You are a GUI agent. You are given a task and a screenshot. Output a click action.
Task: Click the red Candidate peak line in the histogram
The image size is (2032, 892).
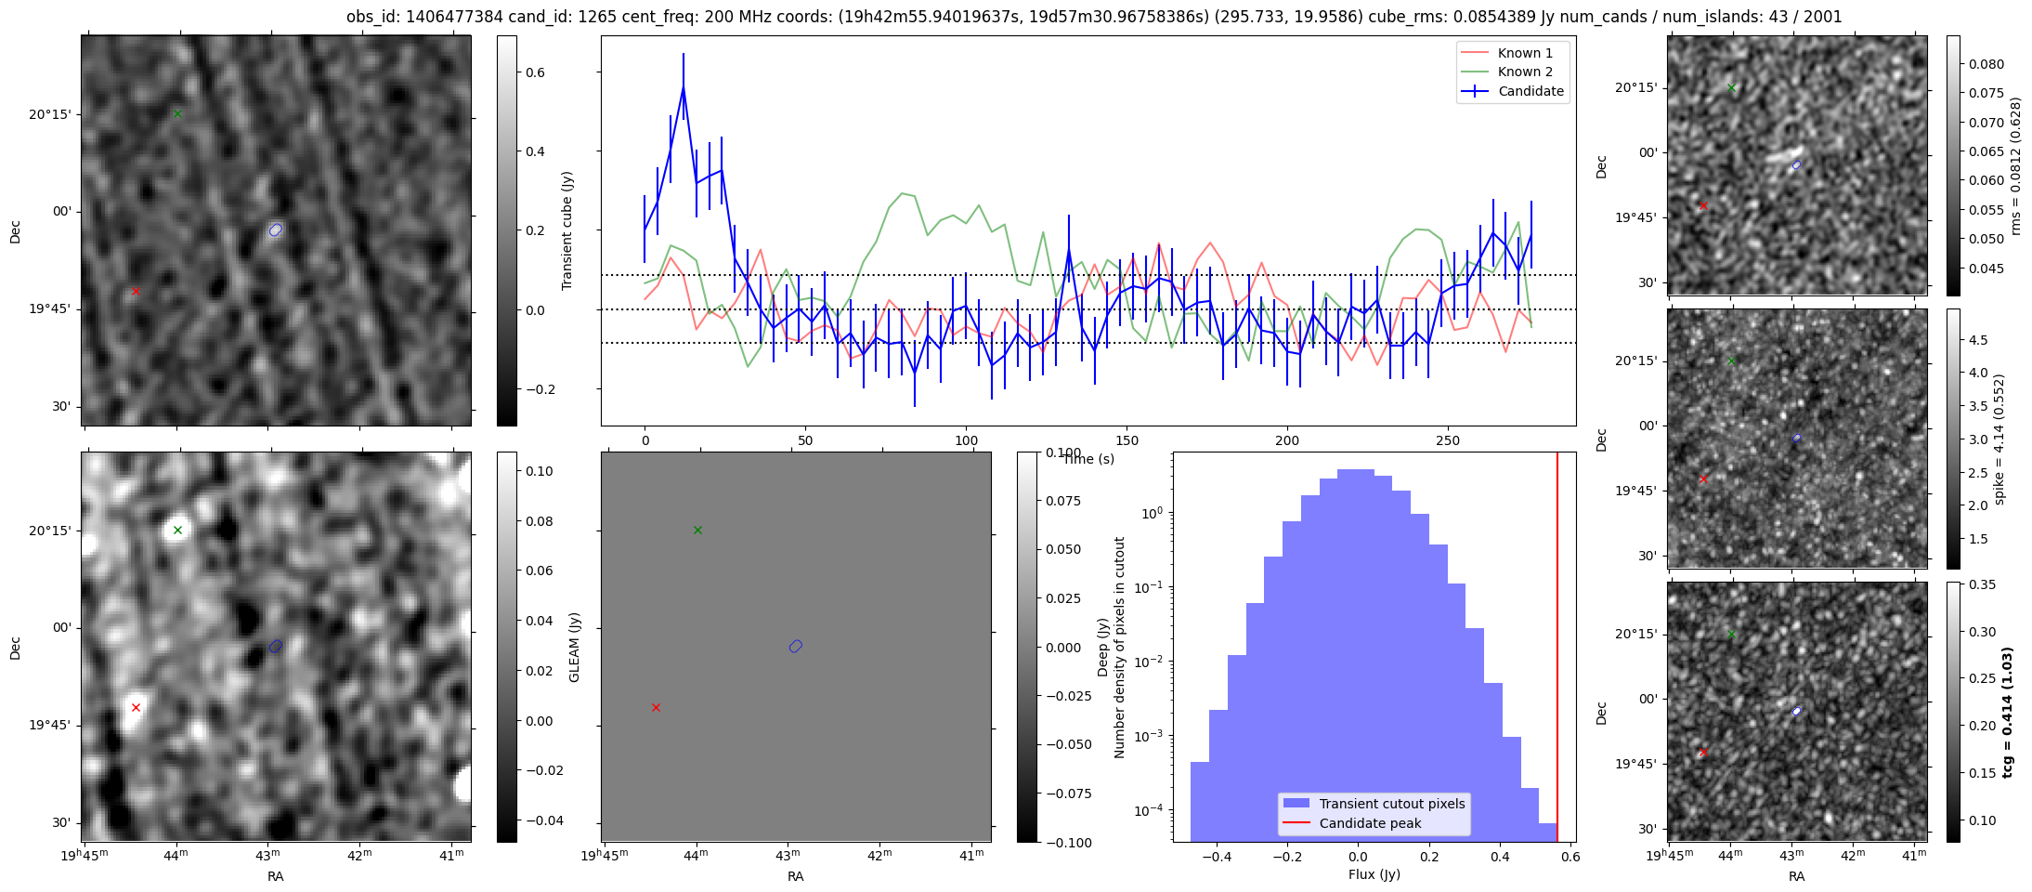tap(1557, 650)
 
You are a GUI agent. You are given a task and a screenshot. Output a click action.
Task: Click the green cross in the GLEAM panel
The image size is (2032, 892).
tap(697, 531)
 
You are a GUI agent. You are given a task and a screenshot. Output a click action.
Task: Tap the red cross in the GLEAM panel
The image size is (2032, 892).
tap(656, 708)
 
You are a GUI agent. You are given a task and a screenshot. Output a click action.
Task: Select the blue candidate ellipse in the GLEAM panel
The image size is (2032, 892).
tap(795, 647)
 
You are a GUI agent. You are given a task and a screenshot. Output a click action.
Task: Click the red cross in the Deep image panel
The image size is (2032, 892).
tap(136, 708)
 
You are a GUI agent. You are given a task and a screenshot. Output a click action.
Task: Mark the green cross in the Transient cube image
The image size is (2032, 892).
tap(177, 114)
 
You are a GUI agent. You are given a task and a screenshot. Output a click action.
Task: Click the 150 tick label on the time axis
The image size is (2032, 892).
tap(1127, 440)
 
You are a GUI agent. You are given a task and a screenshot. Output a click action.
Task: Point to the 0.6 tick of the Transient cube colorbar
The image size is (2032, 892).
tap(535, 72)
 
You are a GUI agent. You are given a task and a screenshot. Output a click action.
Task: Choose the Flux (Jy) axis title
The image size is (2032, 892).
tap(1374, 874)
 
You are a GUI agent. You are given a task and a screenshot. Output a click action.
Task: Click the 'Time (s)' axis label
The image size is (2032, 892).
tap(1088, 459)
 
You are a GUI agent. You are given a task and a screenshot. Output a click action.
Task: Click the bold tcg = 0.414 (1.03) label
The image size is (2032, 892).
tap(2007, 713)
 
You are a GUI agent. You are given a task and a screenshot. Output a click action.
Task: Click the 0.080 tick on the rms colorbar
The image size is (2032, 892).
tap(1986, 64)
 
